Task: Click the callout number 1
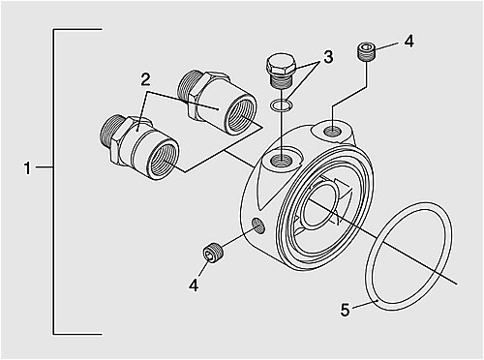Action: coord(28,168)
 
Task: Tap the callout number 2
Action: coord(145,79)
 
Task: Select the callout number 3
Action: coord(328,57)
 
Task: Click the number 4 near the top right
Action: coord(409,42)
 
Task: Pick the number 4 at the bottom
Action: coord(194,285)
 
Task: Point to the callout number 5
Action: coord(345,311)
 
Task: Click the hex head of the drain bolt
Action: coord(281,65)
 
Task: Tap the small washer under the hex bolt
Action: coord(282,105)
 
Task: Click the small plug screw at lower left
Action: coord(214,253)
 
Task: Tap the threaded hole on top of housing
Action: coord(282,159)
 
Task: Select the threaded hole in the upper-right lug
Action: coord(332,131)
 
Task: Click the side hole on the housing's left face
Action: coord(258,225)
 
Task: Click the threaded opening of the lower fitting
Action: coord(165,160)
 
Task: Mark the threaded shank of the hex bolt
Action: coord(281,81)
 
